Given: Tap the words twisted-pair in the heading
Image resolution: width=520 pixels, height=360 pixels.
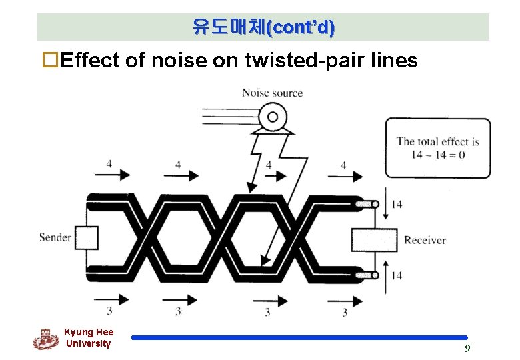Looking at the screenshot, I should (x=305, y=61).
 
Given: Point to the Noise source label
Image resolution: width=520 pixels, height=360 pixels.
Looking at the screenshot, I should (x=272, y=93).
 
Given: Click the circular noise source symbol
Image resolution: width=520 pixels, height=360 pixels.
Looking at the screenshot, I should (x=272, y=118).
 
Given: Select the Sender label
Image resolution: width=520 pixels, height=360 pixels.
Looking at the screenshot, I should (x=55, y=237).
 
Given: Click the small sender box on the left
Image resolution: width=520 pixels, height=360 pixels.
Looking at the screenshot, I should (x=86, y=238).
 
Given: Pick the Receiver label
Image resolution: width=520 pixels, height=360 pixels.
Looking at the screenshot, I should (x=425, y=240).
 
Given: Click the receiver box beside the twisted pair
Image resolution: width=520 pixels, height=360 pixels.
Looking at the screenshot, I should (x=373, y=239).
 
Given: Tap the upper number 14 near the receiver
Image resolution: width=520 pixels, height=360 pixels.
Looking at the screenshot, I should (x=396, y=204).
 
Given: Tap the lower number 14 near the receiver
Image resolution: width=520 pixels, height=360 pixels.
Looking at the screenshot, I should (x=396, y=275).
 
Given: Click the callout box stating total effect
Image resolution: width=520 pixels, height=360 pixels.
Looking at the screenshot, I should (x=437, y=147).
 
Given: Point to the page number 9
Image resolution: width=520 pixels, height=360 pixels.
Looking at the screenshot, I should (x=467, y=348).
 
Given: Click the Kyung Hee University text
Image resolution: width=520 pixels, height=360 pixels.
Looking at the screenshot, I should (x=89, y=338).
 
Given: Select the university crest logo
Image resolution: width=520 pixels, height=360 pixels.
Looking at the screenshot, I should (x=45, y=339).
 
